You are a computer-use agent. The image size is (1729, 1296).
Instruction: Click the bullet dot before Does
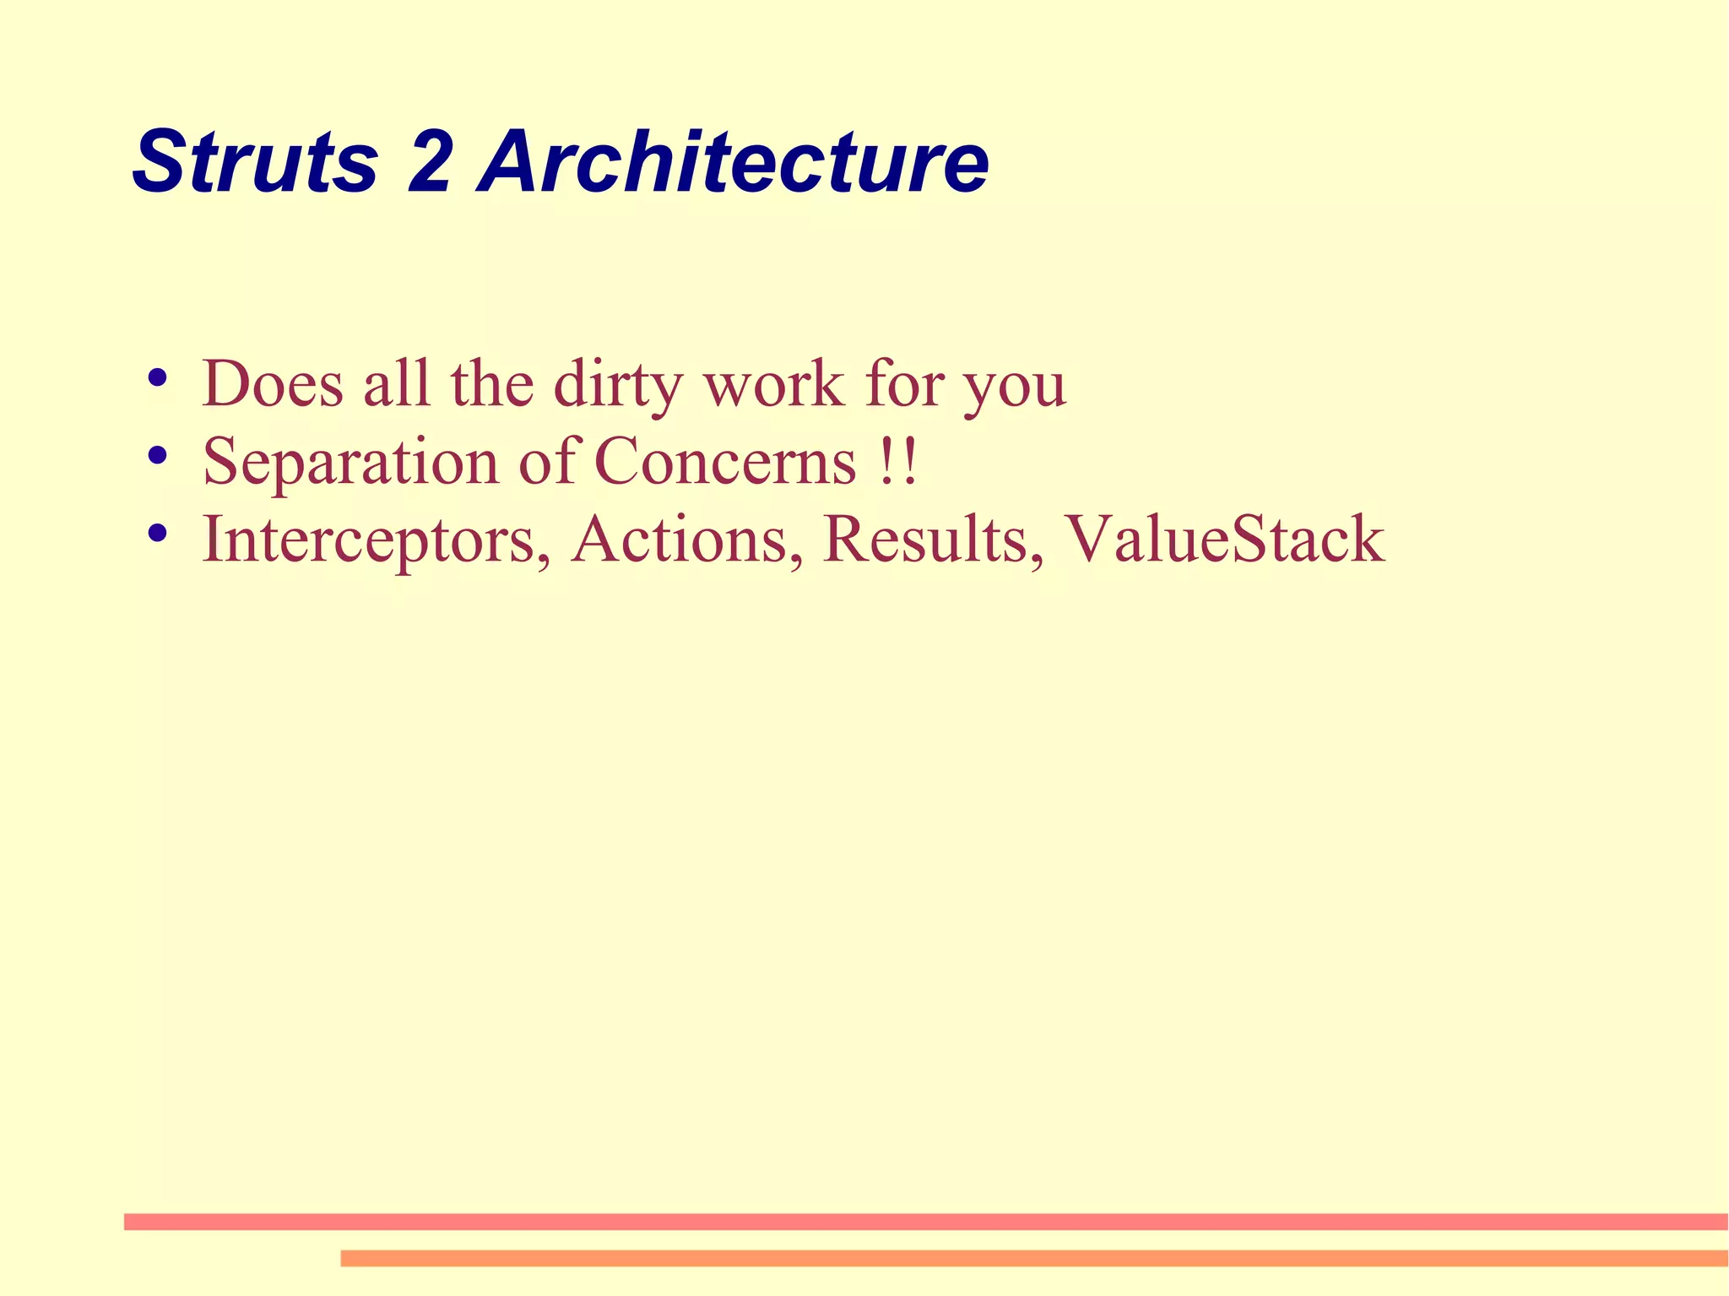coord(156,377)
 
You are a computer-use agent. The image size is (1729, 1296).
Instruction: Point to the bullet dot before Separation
coord(156,456)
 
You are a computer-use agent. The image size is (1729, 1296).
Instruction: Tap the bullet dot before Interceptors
coord(156,534)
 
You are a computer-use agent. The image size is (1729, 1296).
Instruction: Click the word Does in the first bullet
coord(273,384)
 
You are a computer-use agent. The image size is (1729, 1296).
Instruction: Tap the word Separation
coord(350,463)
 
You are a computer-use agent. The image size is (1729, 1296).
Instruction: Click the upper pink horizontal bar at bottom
coord(925,1222)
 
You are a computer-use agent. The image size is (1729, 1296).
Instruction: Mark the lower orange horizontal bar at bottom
coord(1033,1258)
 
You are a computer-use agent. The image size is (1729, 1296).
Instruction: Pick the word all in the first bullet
coord(397,384)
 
